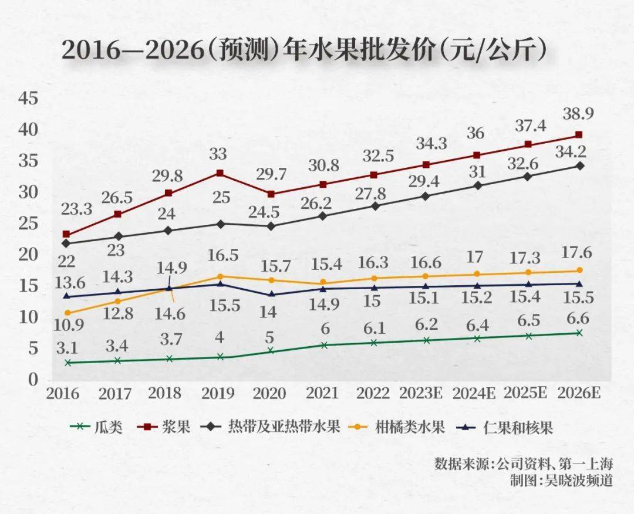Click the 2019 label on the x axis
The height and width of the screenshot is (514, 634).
(218, 393)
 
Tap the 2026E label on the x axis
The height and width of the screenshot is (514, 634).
(579, 393)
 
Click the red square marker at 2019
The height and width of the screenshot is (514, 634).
(220, 173)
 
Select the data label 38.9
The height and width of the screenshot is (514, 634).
(579, 114)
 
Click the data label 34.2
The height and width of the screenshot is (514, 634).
(579, 153)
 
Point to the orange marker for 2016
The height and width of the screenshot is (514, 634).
(67, 313)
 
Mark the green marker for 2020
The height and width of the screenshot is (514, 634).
(271, 350)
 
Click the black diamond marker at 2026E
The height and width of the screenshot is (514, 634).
(579, 166)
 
